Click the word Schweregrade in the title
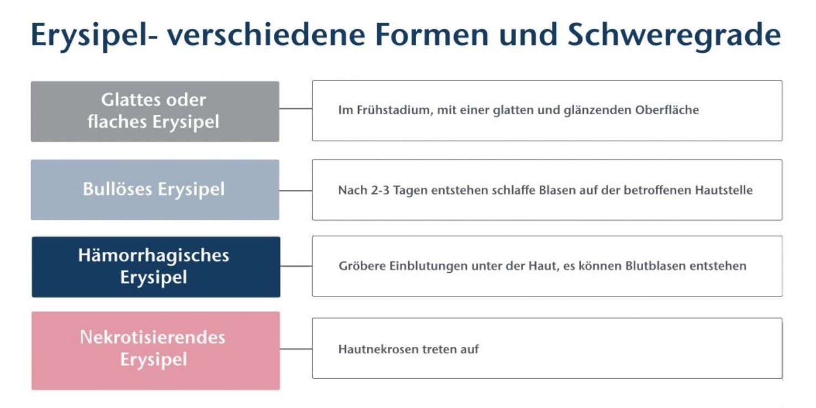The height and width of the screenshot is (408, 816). tap(674, 35)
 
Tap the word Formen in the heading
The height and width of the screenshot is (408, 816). tap(431, 35)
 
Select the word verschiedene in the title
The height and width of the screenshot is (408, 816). tap(266, 35)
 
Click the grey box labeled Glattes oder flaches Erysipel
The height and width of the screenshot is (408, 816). tap(155, 112)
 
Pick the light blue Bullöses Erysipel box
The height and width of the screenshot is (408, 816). tap(155, 189)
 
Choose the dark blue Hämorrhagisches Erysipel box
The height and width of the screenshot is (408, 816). tap(156, 267)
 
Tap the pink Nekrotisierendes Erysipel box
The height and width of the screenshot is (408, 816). tap(156, 351)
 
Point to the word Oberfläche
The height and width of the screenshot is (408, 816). tap(667, 110)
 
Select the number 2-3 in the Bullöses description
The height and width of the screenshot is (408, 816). tap(380, 190)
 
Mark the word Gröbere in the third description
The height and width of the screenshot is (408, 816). tap(362, 266)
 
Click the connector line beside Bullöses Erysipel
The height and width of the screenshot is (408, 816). tap(296, 190)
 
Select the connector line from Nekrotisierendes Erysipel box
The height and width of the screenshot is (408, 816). tap(296, 349)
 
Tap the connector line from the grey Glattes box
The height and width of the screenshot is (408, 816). tap(296, 108)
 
